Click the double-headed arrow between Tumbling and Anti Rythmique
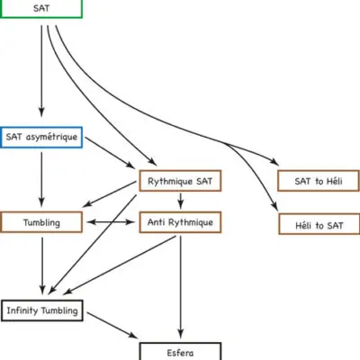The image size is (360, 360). point(111,222)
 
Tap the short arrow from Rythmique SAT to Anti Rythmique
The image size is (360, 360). point(180,201)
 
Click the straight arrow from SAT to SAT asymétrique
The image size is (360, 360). point(41,71)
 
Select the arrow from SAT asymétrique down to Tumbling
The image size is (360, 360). point(41,179)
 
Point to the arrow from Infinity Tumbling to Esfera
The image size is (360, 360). point(112,325)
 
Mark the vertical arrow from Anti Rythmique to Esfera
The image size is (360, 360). point(180,287)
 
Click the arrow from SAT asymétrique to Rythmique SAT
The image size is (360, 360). point(110,152)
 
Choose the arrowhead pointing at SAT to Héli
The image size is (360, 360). point(274,162)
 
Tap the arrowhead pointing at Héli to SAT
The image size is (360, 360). point(274,206)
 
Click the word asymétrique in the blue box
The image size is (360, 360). point(51,137)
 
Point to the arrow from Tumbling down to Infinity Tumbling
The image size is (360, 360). point(42,266)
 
